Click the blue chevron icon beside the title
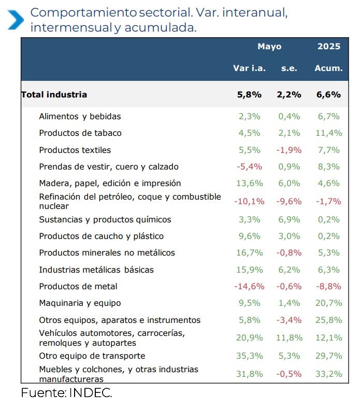(15, 19)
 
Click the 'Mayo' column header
(269, 47)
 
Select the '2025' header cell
(329, 47)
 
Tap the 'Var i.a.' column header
(249, 68)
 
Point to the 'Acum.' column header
(329, 68)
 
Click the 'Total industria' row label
(54, 95)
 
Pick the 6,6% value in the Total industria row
(329, 95)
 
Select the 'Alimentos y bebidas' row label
(80, 117)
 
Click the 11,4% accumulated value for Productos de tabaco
(329, 133)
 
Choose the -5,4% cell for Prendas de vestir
(249, 167)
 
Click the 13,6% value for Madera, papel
(249, 183)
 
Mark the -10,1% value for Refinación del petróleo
(249, 201)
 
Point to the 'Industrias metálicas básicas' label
(96, 270)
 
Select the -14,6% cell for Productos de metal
(249, 287)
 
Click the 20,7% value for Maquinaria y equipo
(329, 303)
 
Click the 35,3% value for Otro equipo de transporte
(249, 356)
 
